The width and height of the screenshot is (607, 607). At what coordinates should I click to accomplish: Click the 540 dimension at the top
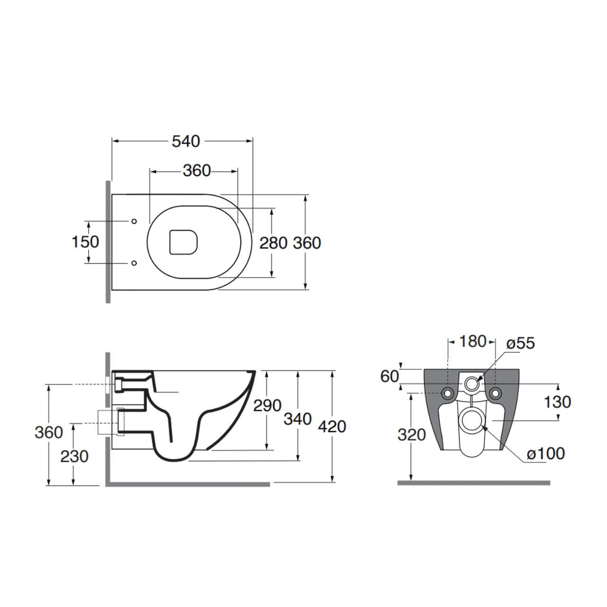pos(186,141)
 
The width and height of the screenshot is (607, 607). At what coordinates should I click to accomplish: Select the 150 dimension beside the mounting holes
pos(85,242)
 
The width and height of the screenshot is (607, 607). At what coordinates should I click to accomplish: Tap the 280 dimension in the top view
pos(273,243)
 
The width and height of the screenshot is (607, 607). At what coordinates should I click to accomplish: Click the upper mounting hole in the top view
pos(134,221)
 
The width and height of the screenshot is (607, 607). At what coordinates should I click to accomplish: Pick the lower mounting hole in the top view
pos(134,263)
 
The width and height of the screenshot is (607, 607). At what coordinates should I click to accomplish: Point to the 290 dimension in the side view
pos(267,405)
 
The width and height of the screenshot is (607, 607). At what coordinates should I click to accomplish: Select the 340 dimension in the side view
pos(298,419)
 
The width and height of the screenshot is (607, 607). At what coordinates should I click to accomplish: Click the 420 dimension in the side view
pos(332,427)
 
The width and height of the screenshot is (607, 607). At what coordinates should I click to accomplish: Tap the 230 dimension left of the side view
pos(74,456)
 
